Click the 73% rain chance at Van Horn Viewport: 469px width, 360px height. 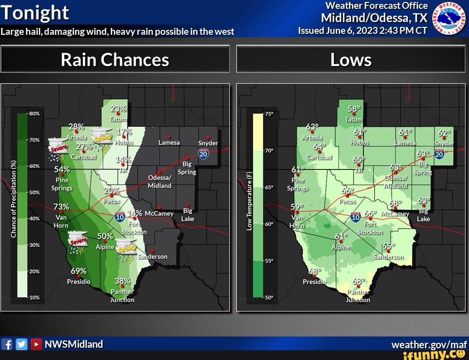click(x=61, y=207)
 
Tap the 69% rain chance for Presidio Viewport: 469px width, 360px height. click(x=78, y=271)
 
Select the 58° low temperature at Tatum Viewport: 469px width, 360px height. click(x=354, y=109)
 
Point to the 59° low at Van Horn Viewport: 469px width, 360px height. click(x=297, y=207)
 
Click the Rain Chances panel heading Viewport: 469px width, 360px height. click(x=115, y=60)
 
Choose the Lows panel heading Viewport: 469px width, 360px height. click(x=351, y=60)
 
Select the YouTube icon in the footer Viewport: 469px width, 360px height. click(x=36, y=344)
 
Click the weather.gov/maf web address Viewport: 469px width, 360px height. click(x=429, y=344)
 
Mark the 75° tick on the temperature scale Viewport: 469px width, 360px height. click(x=268, y=114)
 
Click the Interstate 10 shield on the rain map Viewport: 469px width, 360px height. click(x=120, y=217)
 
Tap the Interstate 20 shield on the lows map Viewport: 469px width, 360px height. click(x=439, y=155)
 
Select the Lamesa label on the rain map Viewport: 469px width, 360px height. click(x=169, y=143)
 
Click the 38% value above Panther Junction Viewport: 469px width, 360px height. click(x=122, y=281)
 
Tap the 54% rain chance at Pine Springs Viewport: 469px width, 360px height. click(x=62, y=169)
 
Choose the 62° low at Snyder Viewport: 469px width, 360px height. click(x=444, y=133)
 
